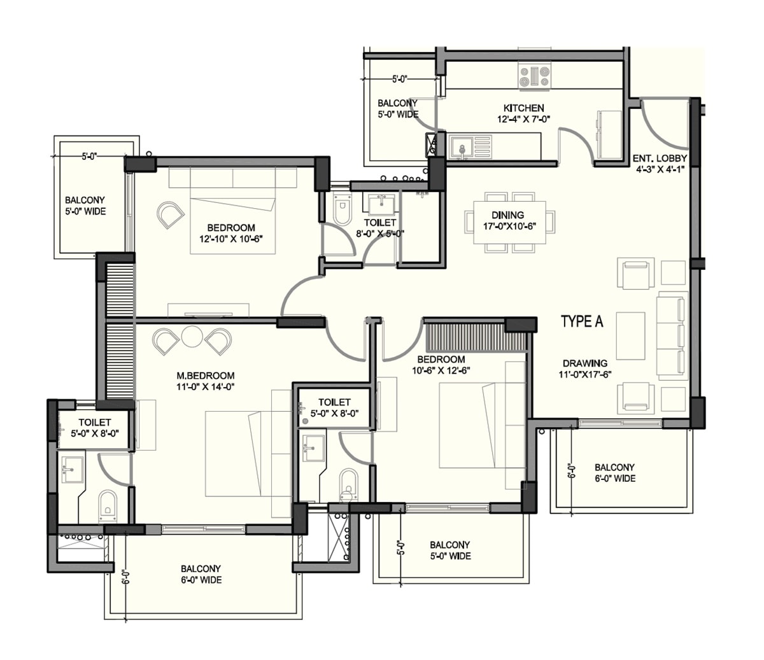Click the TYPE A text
(581, 322)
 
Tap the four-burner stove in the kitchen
(534, 76)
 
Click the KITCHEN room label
(523, 108)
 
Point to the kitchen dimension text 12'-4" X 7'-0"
(523, 119)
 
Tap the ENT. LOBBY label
(659, 158)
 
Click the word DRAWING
(584, 363)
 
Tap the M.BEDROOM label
(205, 376)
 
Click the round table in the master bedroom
(192, 336)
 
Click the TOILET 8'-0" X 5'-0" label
(380, 228)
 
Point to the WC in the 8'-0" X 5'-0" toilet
(342, 212)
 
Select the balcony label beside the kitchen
(397, 108)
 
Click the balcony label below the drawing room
(614, 473)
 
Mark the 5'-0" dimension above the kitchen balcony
(399, 79)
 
